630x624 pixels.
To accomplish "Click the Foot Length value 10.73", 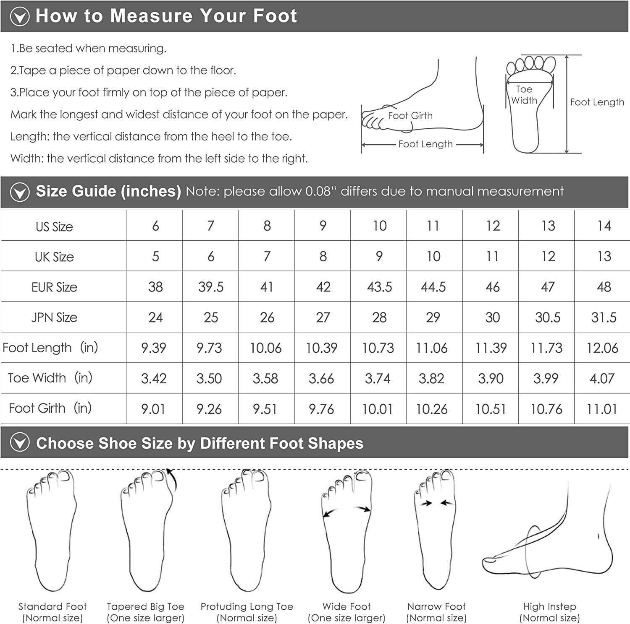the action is tap(378, 348).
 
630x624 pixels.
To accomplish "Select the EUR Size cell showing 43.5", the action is tap(379, 287).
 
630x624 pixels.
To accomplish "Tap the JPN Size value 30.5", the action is tap(548, 317).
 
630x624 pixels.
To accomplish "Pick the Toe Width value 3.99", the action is tap(546, 378).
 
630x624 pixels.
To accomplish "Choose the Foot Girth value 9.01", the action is tap(153, 409).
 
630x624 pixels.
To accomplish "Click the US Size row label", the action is tap(54, 227).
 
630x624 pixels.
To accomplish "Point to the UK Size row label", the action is tap(54, 257).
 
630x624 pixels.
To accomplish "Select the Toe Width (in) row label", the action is tap(50, 378).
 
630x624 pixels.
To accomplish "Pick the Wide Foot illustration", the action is tap(346, 533).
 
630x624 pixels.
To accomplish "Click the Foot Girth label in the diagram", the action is tap(410, 116).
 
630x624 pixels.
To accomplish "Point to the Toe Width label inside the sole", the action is tap(524, 95).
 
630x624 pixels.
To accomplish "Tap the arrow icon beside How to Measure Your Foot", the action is tap(20, 16).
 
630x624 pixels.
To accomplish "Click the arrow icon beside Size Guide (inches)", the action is tap(20, 192).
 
